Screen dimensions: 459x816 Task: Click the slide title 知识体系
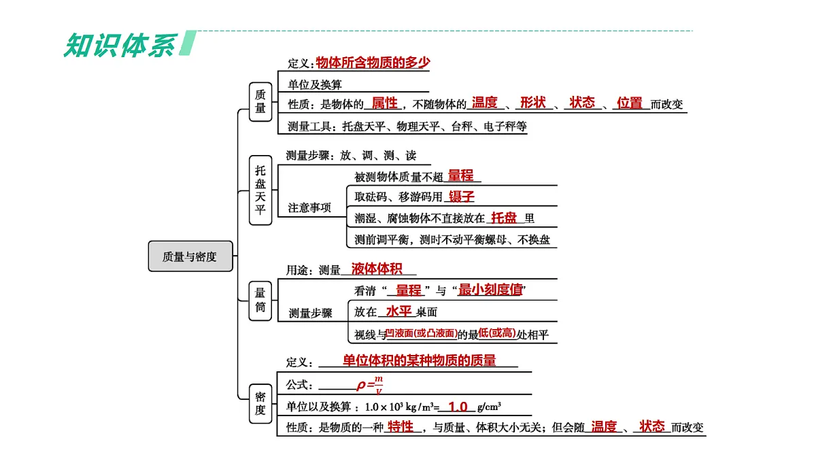(x=120, y=44)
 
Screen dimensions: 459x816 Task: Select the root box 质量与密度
(x=190, y=256)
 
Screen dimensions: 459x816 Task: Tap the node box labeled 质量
(x=260, y=101)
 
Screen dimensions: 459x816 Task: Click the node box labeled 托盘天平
(x=260, y=190)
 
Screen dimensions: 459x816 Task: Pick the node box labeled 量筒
(x=260, y=300)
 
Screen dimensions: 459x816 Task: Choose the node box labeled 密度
(x=260, y=403)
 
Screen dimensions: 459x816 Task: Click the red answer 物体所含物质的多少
(x=373, y=63)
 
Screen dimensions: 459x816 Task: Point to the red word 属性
(x=384, y=103)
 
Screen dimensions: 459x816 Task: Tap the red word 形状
(x=532, y=103)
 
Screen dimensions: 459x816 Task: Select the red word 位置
(x=630, y=103)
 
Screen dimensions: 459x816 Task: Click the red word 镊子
(x=461, y=197)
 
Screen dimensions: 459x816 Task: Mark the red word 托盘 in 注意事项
(x=505, y=218)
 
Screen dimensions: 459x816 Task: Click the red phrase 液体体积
(x=377, y=269)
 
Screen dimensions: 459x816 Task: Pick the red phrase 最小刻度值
(x=490, y=290)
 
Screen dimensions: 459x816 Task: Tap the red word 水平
(x=399, y=311)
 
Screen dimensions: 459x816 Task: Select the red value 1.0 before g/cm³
(x=458, y=407)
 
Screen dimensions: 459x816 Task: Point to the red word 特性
(x=400, y=427)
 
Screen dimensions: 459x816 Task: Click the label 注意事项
(x=309, y=207)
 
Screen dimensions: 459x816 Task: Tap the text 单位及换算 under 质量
(x=315, y=84)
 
